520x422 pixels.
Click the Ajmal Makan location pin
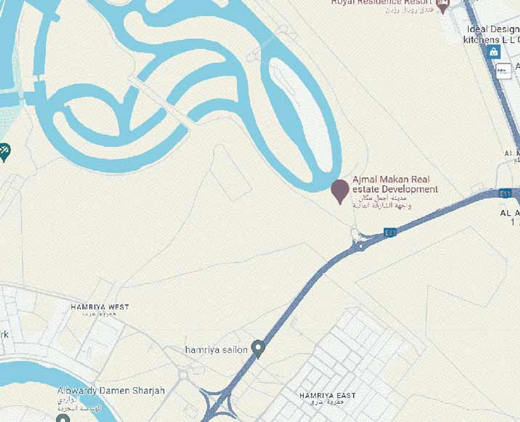pos(340,190)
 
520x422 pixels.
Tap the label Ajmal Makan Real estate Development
pos(395,184)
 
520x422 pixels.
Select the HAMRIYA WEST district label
pos(100,307)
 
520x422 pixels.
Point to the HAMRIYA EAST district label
pos(327,395)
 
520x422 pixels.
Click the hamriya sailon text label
pos(216,350)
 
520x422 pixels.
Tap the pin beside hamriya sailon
pos(258,348)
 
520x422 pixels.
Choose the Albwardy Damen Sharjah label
pos(111,391)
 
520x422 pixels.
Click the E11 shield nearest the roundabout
pos(390,232)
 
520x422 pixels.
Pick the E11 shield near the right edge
pos(505,193)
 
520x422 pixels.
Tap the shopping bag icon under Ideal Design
pos(493,52)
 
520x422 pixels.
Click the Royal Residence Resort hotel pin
pos(443,5)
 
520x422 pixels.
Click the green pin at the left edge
pos(4,151)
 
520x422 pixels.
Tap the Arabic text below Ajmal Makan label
pos(381,202)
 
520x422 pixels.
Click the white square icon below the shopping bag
pos(503,71)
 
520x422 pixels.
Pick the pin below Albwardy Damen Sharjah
pos(63,418)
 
